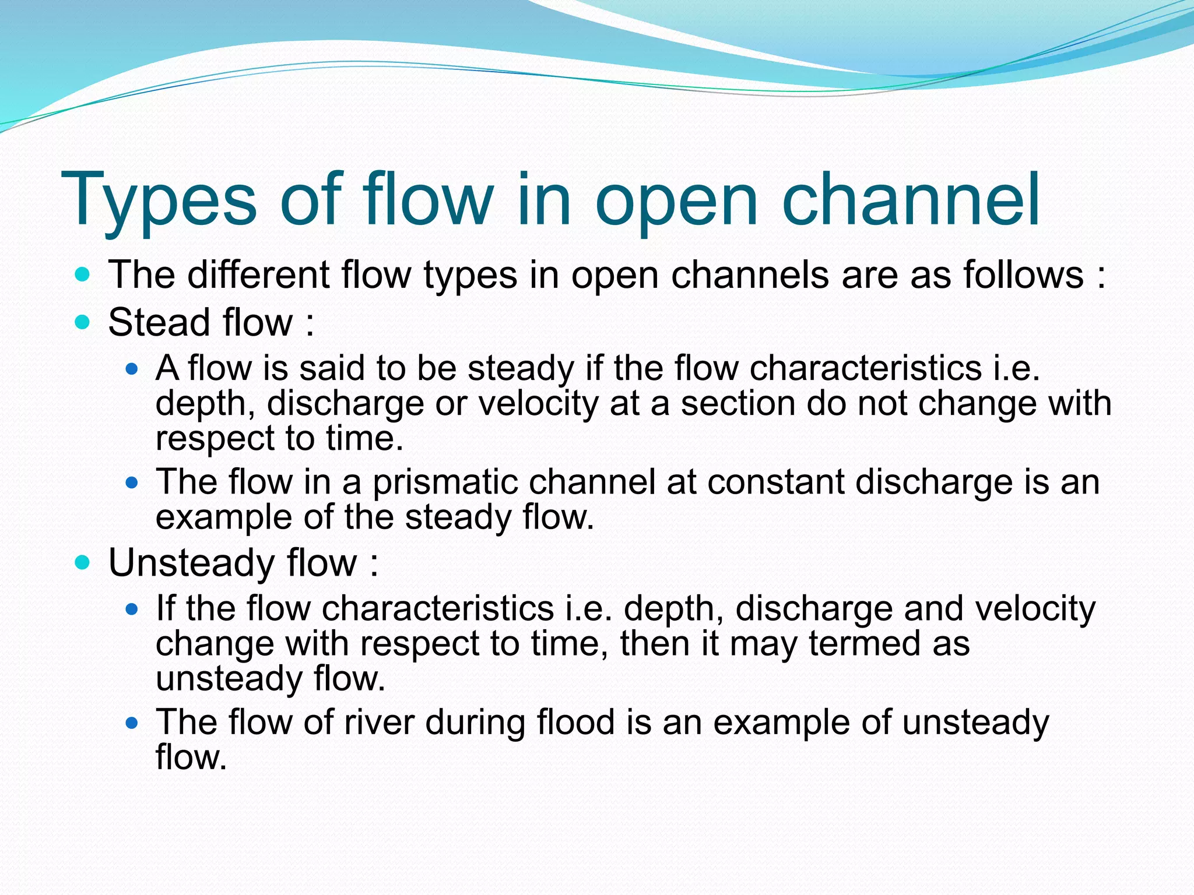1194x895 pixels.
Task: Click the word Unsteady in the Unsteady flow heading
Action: pyautogui.click(x=191, y=563)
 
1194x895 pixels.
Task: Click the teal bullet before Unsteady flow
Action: pyautogui.click(x=83, y=563)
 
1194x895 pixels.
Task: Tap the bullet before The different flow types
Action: pyautogui.click(x=83, y=274)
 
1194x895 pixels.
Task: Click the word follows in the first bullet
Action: pyautogui.click(x=1023, y=274)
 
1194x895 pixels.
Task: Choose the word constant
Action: pyautogui.click(x=775, y=482)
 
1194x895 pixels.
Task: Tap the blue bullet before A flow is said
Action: pyautogui.click(x=132, y=369)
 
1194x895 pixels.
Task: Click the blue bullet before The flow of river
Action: pyautogui.click(x=132, y=724)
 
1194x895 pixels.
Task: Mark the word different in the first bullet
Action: pyautogui.click(x=258, y=274)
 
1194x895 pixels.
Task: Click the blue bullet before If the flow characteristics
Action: pyautogui.click(x=132, y=609)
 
